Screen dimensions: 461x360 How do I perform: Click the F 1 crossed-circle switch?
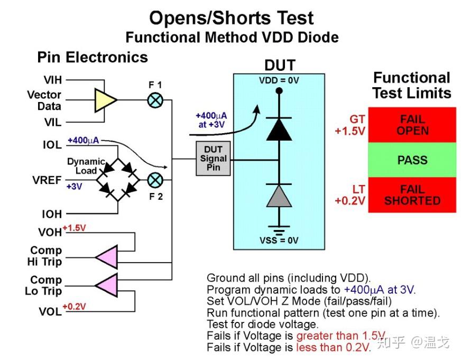155,100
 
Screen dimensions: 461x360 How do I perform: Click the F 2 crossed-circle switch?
155,180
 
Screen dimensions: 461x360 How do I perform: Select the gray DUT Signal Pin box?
213,159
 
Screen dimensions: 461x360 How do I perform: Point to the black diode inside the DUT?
279,130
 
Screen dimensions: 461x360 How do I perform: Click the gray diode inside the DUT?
279,196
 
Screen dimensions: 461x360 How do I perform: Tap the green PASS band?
412,160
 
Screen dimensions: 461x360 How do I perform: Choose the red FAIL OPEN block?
412,125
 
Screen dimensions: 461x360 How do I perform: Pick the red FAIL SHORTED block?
412,195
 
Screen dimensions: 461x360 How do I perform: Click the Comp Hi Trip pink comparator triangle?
107,257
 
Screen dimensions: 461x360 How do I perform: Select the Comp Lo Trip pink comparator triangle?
107,285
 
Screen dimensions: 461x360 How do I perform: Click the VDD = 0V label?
279,80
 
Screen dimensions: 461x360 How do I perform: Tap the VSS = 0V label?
279,241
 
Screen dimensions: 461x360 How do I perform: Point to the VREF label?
47,180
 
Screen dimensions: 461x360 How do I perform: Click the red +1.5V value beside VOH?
74,228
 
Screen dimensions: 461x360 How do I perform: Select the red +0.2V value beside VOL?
74,307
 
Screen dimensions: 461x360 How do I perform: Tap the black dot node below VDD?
279,91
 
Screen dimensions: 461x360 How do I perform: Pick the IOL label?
52,145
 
